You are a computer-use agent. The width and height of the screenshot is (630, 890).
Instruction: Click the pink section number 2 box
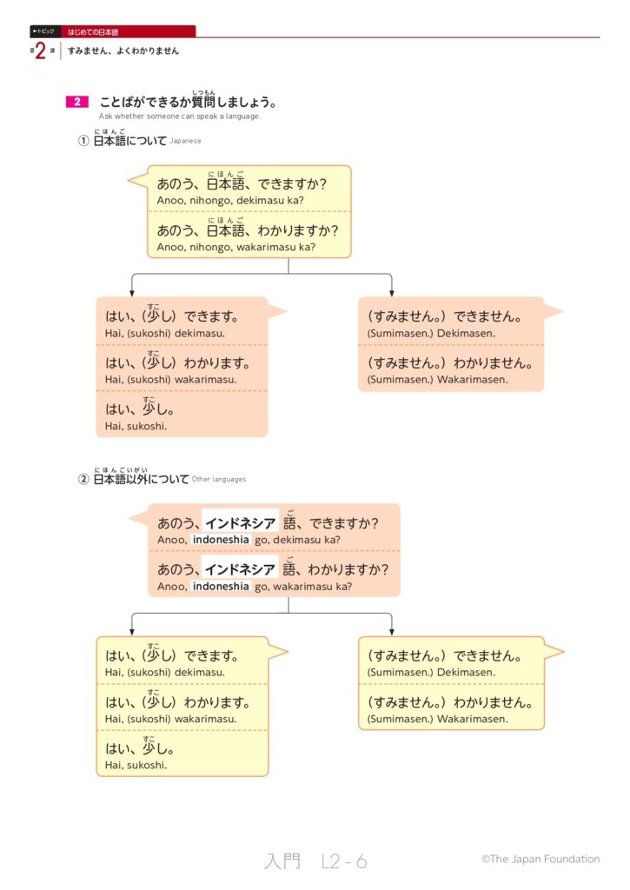(x=76, y=103)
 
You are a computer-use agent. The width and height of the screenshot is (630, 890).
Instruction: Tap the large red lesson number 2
(x=41, y=51)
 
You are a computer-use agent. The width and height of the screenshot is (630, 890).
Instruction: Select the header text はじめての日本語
(x=93, y=31)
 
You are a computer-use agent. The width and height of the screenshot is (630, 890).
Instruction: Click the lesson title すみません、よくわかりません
(x=123, y=51)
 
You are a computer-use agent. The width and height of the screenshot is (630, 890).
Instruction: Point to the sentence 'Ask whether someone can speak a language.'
(x=179, y=116)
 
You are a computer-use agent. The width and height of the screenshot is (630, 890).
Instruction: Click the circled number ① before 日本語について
(x=84, y=140)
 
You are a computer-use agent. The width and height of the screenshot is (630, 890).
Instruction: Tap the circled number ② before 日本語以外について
(x=84, y=479)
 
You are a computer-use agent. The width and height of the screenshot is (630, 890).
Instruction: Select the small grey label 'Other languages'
(x=218, y=479)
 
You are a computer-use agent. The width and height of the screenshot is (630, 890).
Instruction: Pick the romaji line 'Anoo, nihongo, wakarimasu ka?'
(x=235, y=247)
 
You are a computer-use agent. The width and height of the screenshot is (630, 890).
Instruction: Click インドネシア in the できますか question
(x=241, y=523)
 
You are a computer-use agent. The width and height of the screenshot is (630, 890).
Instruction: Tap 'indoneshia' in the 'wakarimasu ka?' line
(x=221, y=587)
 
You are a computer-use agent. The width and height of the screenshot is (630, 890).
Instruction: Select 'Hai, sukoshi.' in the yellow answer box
(x=136, y=765)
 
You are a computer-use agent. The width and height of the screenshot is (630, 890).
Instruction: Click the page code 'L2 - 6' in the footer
(x=344, y=861)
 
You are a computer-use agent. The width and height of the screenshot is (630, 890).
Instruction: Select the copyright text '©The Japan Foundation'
(x=540, y=859)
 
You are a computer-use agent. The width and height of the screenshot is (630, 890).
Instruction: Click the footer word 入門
(x=282, y=861)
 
